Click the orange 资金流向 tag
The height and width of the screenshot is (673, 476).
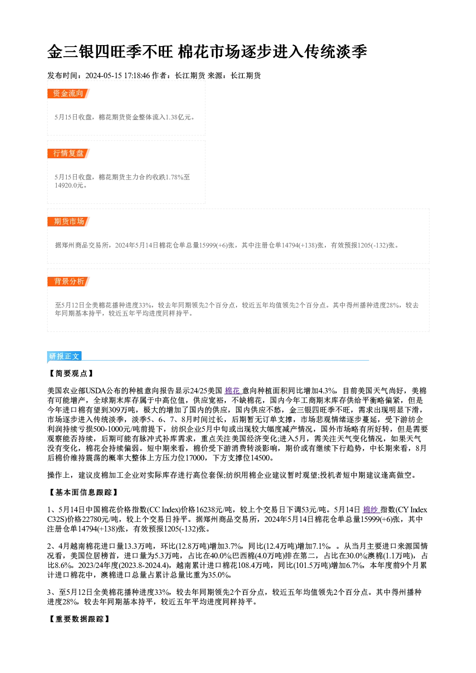[x=68, y=94]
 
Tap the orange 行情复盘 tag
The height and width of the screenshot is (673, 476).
[x=68, y=153]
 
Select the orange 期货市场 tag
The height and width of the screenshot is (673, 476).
[x=69, y=222]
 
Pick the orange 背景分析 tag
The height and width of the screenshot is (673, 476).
[x=69, y=281]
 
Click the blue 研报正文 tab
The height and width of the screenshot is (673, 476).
[x=64, y=356]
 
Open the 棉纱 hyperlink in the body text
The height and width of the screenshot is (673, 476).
[x=371, y=509]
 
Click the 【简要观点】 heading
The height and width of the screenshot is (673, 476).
[x=71, y=373]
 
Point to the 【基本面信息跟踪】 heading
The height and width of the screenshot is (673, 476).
[x=83, y=492]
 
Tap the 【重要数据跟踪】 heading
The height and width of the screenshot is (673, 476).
[x=79, y=619]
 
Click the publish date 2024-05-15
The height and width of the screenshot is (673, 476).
[x=103, y=75]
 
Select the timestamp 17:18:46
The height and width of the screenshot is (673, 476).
[x=137, y=75]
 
